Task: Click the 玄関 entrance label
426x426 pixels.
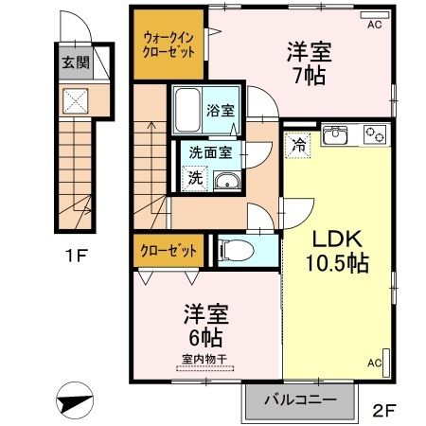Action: click(x=76, y=62)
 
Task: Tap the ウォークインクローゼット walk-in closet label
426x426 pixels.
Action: click(x=169, y=44)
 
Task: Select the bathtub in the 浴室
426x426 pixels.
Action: click(x=187, y=110)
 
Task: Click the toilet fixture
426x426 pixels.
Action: click(x=237, y=251)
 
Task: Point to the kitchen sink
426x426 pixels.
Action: click(x=334, y=135)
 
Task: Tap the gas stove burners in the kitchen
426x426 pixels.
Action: click(x=375, y=134)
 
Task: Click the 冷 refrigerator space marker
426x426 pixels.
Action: click(x=298, y=145)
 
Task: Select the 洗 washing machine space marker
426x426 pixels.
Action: click(x=195, y=178)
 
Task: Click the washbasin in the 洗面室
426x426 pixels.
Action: click(x=227, y=181)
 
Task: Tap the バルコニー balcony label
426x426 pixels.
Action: click(x=300, y=400)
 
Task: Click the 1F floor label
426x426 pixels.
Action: click(x=76, y=256)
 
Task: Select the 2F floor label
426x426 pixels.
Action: click(x=383, y=410)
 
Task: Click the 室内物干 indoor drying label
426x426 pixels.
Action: click(x=204, y=359)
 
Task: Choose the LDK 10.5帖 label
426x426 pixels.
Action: click(x=337, y=251)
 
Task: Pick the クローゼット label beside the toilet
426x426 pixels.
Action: click(x=169, y=251)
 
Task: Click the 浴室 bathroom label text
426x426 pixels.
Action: click(x=221, y=111)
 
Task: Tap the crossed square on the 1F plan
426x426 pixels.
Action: click(x=76, y=100)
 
